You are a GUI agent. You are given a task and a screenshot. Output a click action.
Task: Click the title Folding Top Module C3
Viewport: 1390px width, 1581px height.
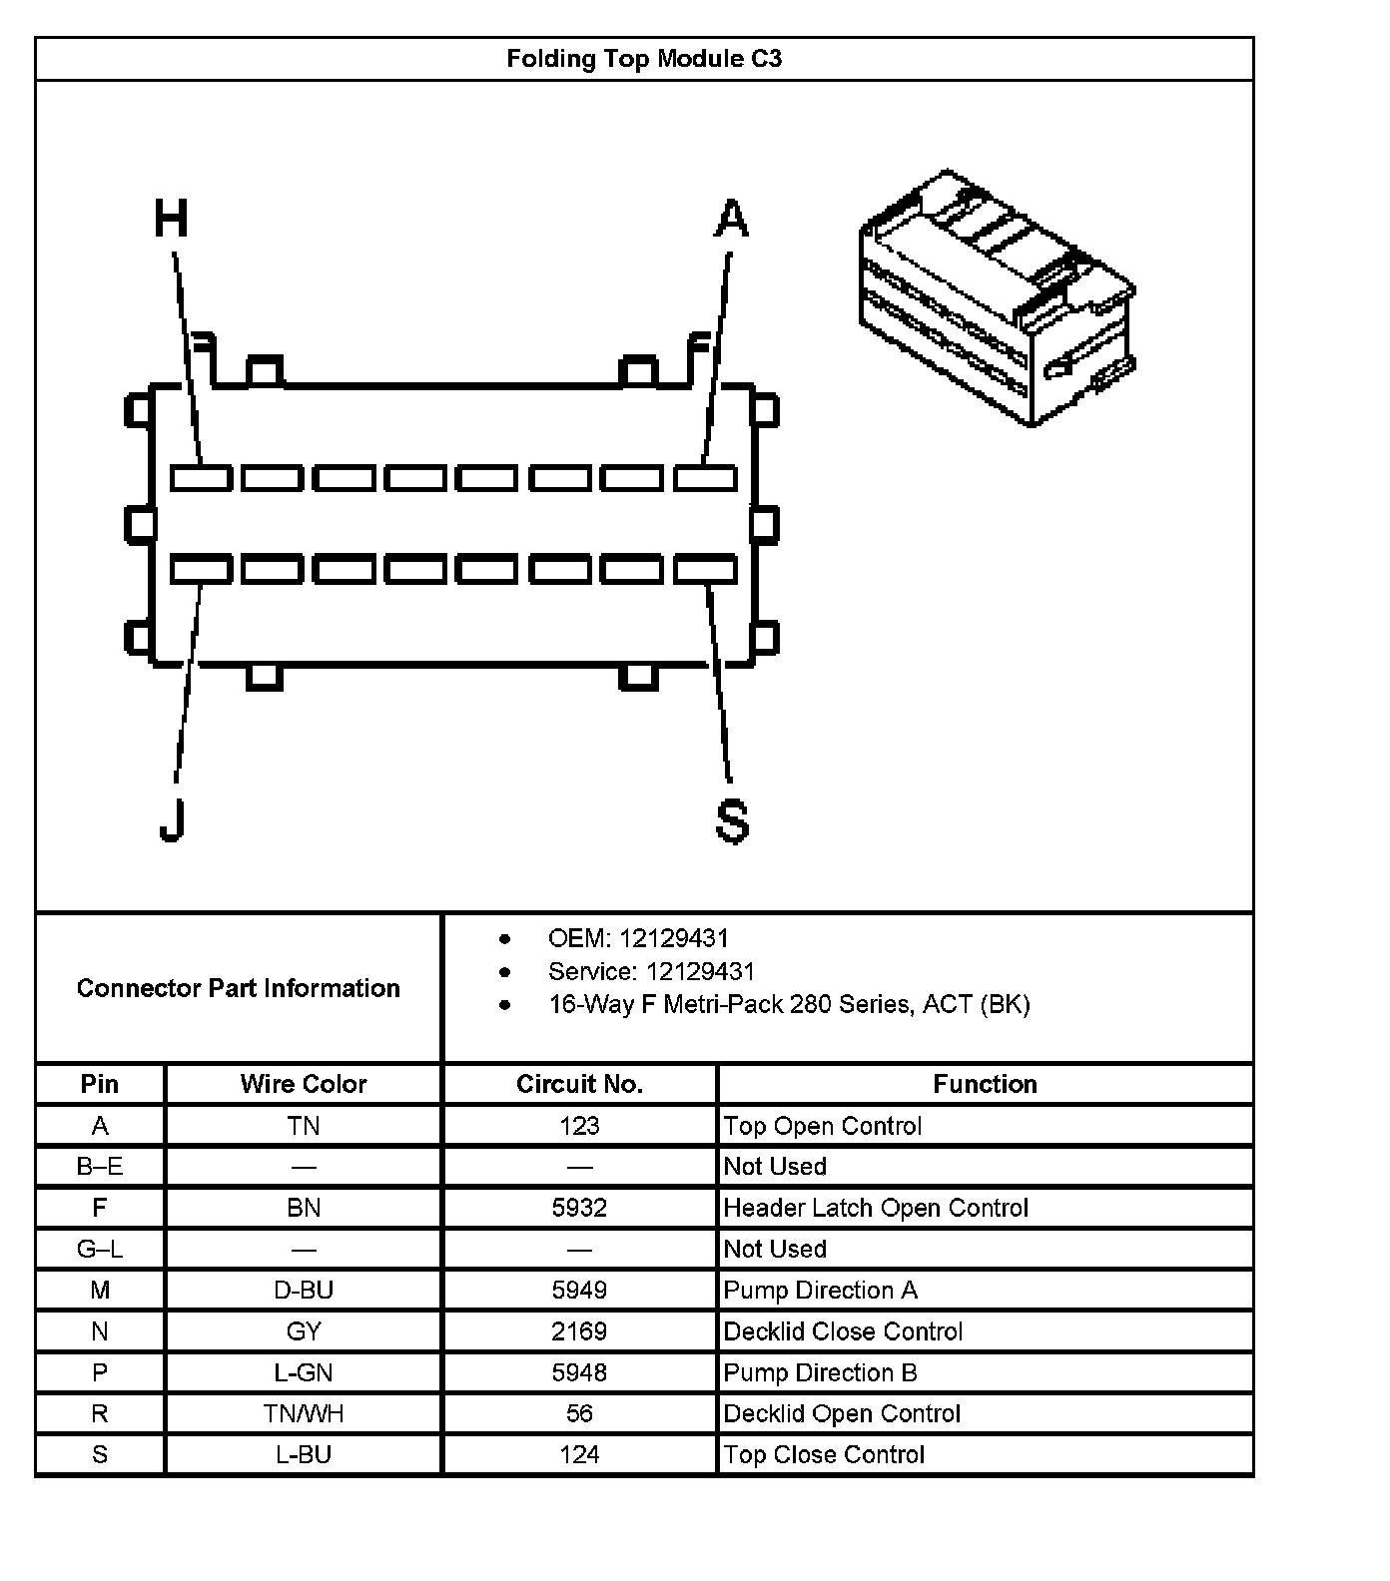(644, 59)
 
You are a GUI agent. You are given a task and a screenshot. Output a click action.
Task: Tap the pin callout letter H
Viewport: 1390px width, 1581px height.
(171, 219)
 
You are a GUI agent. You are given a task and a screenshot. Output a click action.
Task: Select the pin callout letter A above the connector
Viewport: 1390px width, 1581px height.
(731, 219)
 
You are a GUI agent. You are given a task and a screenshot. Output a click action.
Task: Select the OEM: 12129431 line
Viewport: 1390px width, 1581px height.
(638, 938)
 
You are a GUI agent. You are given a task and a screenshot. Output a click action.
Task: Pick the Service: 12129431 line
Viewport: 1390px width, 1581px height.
(651, 971)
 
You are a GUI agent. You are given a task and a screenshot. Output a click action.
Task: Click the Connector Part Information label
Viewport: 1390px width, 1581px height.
(238, 988)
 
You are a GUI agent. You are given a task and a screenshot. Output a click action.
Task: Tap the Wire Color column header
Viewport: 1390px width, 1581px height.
(304, 1084)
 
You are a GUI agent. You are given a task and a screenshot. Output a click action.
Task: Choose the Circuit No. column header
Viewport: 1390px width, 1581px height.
(579, 1084)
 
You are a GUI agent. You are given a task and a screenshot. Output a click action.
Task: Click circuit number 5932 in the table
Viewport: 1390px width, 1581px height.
(579, 1208)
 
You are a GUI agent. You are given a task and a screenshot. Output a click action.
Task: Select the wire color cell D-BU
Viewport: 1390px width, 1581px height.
(304, 1290)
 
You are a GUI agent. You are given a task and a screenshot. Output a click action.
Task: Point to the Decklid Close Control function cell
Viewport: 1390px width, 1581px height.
(843, 1331)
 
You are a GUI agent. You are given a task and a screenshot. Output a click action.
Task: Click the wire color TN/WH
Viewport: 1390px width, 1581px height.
(304, 1413)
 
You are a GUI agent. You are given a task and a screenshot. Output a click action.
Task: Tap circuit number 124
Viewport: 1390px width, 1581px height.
(579, 1454)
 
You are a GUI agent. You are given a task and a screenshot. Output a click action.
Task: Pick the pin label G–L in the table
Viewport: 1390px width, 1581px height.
(100, 1249)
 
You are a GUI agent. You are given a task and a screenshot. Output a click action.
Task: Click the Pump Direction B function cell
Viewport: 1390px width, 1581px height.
(820, 1372)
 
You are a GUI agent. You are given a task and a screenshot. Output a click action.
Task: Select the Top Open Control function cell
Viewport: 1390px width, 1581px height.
(822, 1126)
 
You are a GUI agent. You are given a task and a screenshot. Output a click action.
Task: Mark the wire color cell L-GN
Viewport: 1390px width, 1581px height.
(304, 1372)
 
